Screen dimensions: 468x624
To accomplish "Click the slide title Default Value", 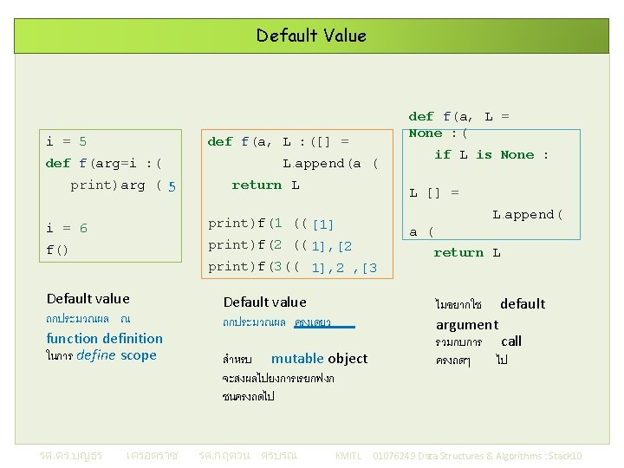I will coord(311,36).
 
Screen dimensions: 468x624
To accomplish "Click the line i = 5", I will coord(67,140).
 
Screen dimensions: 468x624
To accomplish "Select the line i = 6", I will coord(67,228).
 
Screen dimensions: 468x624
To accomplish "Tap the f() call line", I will coord(57,250).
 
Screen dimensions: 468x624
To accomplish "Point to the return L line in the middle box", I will coord(265,185).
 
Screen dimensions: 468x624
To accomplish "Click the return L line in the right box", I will coord(467,252).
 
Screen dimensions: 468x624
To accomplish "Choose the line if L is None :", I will coord(491,154).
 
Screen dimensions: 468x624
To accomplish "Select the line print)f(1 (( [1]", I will coord(271,224).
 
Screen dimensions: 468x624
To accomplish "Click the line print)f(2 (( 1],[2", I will coord(280,245).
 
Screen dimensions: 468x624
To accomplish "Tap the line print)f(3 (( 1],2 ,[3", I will coord(293,267).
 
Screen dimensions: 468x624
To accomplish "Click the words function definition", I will coord(104,338).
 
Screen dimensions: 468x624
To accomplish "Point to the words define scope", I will coord(116,355).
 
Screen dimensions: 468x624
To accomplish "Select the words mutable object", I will coord(319,358).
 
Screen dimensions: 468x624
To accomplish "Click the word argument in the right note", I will coord(467,324).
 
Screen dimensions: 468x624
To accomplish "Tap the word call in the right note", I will coord(511,341).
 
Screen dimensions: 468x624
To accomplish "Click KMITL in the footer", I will coord(348,456).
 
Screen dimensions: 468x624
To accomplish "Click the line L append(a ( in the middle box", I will coord(330,163).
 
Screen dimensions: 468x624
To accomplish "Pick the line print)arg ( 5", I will coord(123,185).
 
